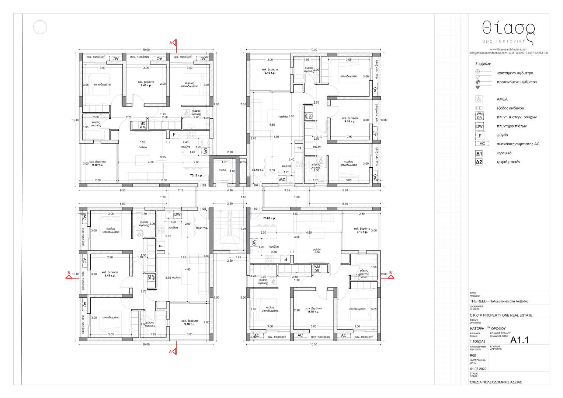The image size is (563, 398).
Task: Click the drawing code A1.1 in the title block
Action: pyautogui.click(x=519, y=340)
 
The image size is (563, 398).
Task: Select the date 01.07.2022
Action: pyautogui.click(x=478, y=369)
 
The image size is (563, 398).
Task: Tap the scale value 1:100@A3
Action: pyautogui.click(x=477, y=341)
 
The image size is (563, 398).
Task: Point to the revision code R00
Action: pyautogui.click(x=473, y=355)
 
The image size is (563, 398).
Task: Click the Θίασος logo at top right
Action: pyautogui.click(x=508, y=31)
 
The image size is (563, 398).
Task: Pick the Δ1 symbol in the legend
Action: pyautogui.click(x=479, y=153)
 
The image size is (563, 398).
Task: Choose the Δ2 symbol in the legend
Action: pyautogui.click(x=479, y=162)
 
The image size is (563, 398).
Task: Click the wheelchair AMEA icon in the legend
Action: pyautogui.click(x=479, y=99)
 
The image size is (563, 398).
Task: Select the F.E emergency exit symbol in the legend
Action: pyautogui.click(x=479, y=108)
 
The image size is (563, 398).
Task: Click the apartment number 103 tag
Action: pyautogui.click(x=204, y=185)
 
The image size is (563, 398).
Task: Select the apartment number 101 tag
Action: pyautogui.click(x=256, y=209)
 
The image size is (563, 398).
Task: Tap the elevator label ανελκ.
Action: pyautogui.click(x=222, y=170)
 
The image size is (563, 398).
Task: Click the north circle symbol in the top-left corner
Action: pyautogui.click(x=39, y=27)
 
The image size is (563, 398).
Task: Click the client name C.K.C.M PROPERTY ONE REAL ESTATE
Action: pyautogui.click(x=501, y=315)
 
